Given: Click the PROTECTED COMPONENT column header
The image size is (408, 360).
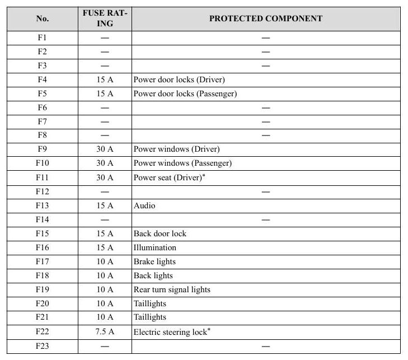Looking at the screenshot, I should (266, 18).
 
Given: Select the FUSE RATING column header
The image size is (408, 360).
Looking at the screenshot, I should (105, 18).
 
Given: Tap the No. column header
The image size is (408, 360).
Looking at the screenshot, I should (43, 18).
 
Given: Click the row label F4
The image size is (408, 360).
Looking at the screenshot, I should (43, 80).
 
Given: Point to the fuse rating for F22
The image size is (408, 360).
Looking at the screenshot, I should (105, 331).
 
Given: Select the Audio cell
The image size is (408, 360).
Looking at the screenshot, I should (144, 205).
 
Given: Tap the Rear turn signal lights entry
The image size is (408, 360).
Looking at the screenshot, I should (172, 289).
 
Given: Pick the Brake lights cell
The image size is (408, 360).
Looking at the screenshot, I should (154, 261).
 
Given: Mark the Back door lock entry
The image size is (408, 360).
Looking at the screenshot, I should (160, 233).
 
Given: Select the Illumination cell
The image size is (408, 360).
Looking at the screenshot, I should (155, 247).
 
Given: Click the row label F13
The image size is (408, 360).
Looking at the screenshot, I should (43, 205).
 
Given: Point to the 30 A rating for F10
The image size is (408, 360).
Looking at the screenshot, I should (105, 163).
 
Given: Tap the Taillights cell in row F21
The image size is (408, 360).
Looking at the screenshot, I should (150, 317).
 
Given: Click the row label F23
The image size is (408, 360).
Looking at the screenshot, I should (43, 346).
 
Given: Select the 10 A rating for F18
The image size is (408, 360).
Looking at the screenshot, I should (105, 275).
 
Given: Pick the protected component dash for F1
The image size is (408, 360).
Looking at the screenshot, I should (266, 38).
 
